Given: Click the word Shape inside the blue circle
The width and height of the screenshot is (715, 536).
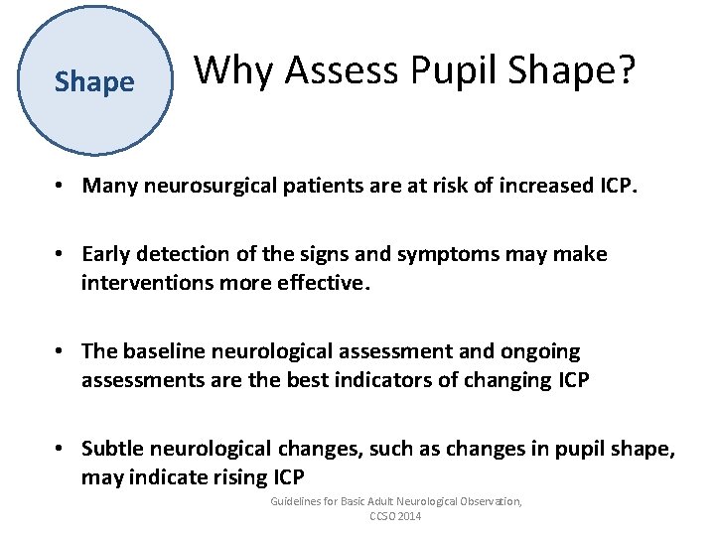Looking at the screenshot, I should (x=94, y=81).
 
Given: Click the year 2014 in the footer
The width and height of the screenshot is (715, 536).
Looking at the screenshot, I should (x=407, y=516).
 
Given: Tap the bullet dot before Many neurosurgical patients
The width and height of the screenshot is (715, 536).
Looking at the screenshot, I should (x=62, y=186).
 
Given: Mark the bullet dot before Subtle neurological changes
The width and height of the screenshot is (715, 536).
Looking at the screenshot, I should (x=62, y=450).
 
